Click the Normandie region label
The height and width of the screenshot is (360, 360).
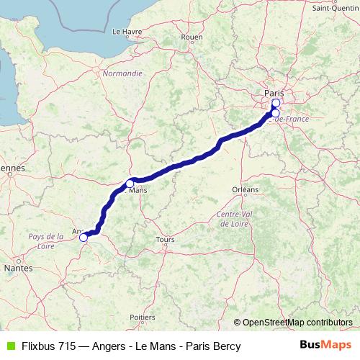[x=122, y=73]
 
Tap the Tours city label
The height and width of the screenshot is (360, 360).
[x=166, y=239]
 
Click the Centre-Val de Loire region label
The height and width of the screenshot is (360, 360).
[x=237, y=219]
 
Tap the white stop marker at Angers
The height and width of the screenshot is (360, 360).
[x=84, y=237]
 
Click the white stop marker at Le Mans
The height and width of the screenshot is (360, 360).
[x=130, y=182]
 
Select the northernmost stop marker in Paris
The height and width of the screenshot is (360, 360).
[x=276, y=103]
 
